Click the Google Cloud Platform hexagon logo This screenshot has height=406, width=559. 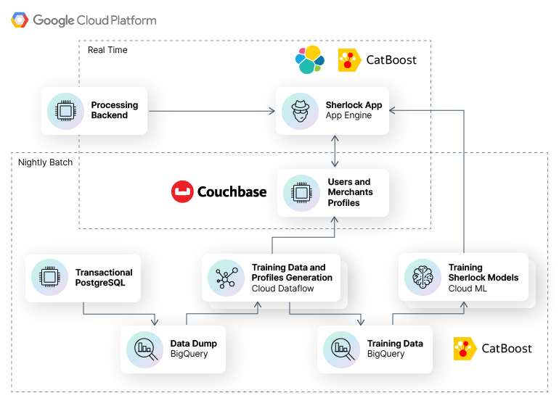pyautogui.click(x=20, y=20)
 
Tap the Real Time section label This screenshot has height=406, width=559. pyautogui.click(x=107, y=50)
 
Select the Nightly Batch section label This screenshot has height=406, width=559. pyautogui.click(x=45, y=162)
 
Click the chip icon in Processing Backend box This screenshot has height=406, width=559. pyautogui.click(x=65, y=111)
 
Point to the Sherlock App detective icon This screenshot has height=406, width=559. pyautogui.click(x=300, y=111)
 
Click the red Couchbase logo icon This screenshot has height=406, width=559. pyautogui.click(x=182, y=192)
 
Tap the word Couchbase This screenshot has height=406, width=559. pyautogui.click(x=232, y=192)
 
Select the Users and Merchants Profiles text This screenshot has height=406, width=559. pyautogui.click(x=350, y=192)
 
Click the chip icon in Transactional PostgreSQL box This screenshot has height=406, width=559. pyautogui.click(x=49, y=278)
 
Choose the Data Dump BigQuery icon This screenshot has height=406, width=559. pyautogui.click(x=144, y=349)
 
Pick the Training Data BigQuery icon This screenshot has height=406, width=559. pyautogui.click(x=341, y=349)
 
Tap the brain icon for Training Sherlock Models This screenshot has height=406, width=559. pyautogui.click(x=423, y=278)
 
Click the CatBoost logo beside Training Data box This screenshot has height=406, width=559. pyautogui.click(x=465, y=349)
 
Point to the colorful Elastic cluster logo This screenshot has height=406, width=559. pyautogui.click(x=310, y=59)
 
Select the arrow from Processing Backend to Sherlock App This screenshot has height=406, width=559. pyautogui.click(x=211, y=111)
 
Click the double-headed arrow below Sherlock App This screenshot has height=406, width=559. pyautogui.click(x=333, y=151)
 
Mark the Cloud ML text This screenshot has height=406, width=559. pyautogui.click(x=468, y=289)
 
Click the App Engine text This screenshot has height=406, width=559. pyautogui.click(x=348, y=116)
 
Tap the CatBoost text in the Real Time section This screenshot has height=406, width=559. pyautogui.click(x=391, y=60)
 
